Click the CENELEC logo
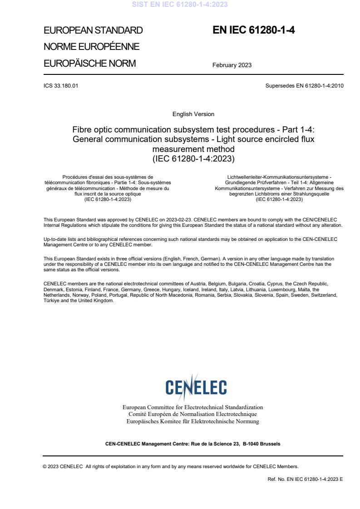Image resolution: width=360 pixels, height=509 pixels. (x=196, y=387)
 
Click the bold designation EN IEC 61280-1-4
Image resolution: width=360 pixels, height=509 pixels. (x=254, y=30)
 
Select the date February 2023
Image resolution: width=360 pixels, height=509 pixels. (x=232, y=65)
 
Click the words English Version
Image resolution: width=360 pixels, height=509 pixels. (x=193, y=114)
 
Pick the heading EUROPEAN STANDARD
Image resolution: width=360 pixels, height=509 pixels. (x=93, y=31)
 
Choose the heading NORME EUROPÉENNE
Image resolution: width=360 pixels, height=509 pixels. (x=91, y=47)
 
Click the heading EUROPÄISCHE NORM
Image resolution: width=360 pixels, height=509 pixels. (x=89, y=64)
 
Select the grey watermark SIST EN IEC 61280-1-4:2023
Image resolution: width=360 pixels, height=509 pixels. (x=180, y=5)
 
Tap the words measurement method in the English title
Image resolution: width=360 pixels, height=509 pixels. (x=193, y=149)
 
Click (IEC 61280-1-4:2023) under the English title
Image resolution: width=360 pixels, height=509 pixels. (x=193, y=159)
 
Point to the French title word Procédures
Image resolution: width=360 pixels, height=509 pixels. (x=74, y=176)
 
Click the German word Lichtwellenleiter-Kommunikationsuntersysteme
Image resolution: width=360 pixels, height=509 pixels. (x=279, y=176)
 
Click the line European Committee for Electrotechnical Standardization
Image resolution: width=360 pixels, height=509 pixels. (x=192, y=407)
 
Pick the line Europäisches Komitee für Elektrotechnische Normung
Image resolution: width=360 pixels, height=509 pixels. (x=192, y=421)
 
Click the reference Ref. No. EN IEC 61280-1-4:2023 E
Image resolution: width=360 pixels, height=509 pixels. (x=306, y=479)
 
